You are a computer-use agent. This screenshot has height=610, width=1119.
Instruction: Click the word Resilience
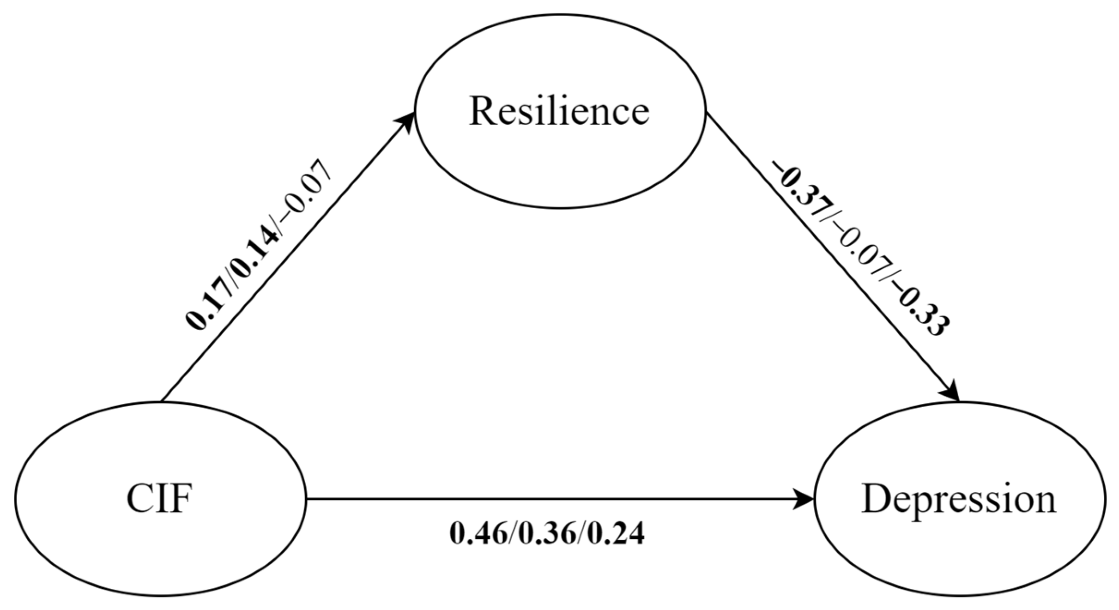tap(559, 111)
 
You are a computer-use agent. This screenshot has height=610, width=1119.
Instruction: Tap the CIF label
tap(159, 499)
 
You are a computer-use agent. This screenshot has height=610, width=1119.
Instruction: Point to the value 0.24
tap(617, 534)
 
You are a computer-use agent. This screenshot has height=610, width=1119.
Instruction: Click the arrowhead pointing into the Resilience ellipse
tap(405, 121)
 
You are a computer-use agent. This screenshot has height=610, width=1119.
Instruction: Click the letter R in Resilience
tap(483, 111)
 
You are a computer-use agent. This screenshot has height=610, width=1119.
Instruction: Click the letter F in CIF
tap(182, 499)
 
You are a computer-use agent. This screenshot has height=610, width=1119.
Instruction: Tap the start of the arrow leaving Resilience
tap(709, 116)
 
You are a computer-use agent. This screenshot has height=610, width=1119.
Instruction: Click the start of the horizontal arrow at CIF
tap(308, 499)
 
